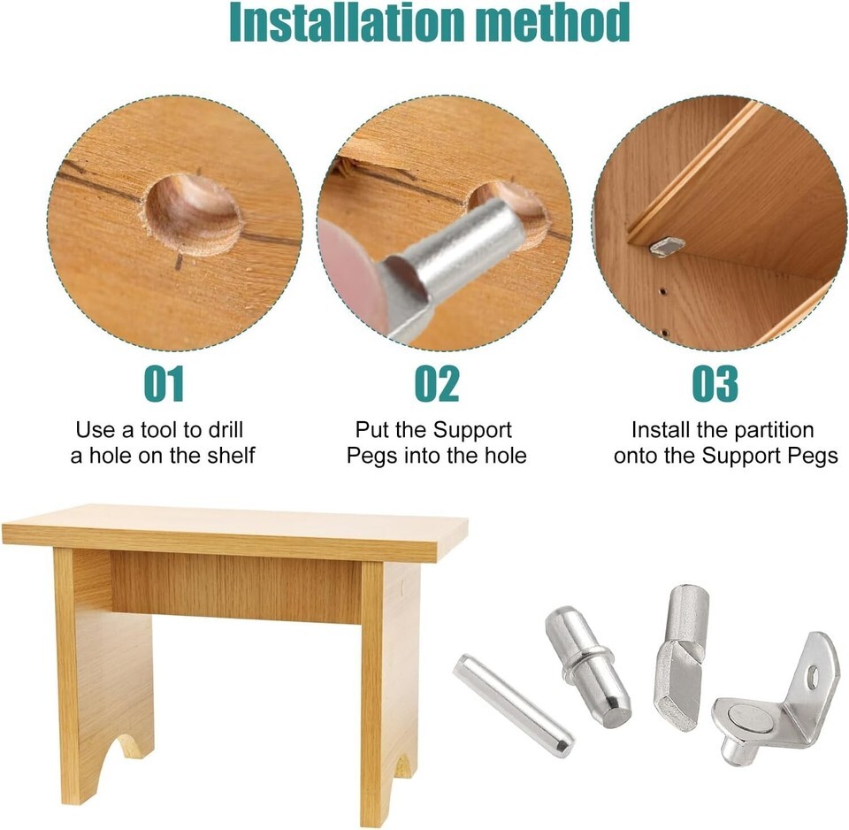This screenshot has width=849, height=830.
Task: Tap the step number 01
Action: [164, 383]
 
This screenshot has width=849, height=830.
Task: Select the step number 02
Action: [437, 383]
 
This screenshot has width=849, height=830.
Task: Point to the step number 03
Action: [715, 383]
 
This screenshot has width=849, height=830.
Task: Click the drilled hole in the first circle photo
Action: [193, 214]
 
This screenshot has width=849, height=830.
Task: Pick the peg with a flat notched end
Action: [681, 657]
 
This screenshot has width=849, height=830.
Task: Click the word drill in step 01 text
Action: [223, 430]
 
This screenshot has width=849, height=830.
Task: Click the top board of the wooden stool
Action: [235, 531]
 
